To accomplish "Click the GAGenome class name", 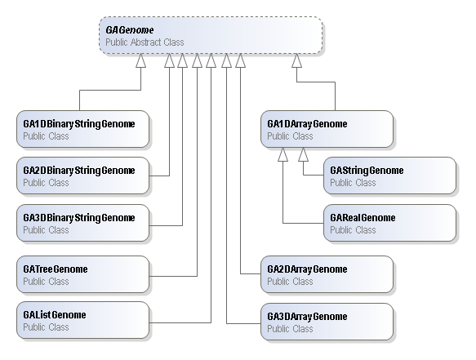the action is coord(129,30).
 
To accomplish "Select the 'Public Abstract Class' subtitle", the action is coord(145,42).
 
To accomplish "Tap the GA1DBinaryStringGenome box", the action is coord(83,129).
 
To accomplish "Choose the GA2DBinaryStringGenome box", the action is coord(83,176).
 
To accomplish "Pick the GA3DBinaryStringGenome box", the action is coord(83,223).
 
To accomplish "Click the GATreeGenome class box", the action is coord(83,274).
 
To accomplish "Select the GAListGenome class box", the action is coord(83,320).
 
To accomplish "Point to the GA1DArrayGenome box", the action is coord(327,129).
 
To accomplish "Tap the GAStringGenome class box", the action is coord(389,176).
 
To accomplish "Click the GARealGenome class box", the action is coord(389,223).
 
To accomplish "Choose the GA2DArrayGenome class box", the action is coord(327,274).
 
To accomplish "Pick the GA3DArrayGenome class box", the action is coord(327,322).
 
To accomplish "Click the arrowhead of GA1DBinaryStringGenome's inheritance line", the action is coord(141,60).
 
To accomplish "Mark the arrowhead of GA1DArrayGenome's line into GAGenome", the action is coord(296,60).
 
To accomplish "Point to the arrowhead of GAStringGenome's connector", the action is coord(303,154).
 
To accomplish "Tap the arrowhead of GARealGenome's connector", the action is coord(283,154).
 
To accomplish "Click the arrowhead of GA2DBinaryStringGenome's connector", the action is coord(169,60).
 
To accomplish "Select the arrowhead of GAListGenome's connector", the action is coord(211,60).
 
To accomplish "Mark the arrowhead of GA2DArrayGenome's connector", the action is coord(240,60).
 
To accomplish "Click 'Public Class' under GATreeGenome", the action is coord(47,282).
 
